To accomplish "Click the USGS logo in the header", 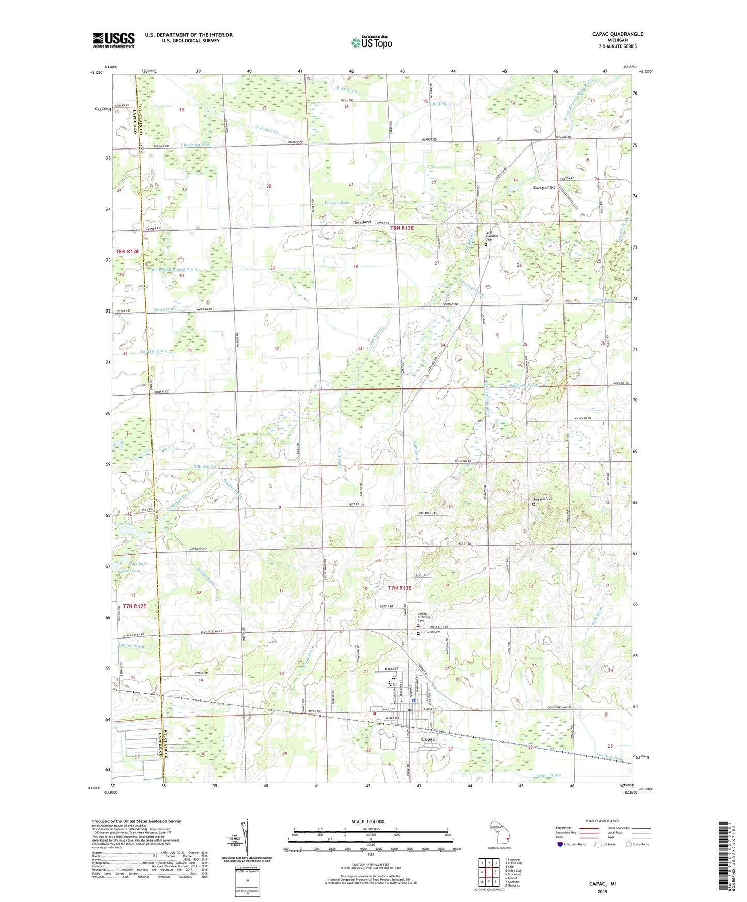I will [114, 40].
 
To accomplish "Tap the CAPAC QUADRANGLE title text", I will [617, 34].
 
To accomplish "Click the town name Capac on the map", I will [429, 740].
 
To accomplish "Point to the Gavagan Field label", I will [544, 188].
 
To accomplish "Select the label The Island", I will [362, 222].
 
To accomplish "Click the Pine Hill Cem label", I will [542, 499].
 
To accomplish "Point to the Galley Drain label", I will [164, 309].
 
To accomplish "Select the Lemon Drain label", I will [548, 775].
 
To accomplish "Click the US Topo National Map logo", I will [371, 42].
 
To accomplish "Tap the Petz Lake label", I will [122, 524].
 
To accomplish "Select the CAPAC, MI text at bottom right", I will [602, 884].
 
